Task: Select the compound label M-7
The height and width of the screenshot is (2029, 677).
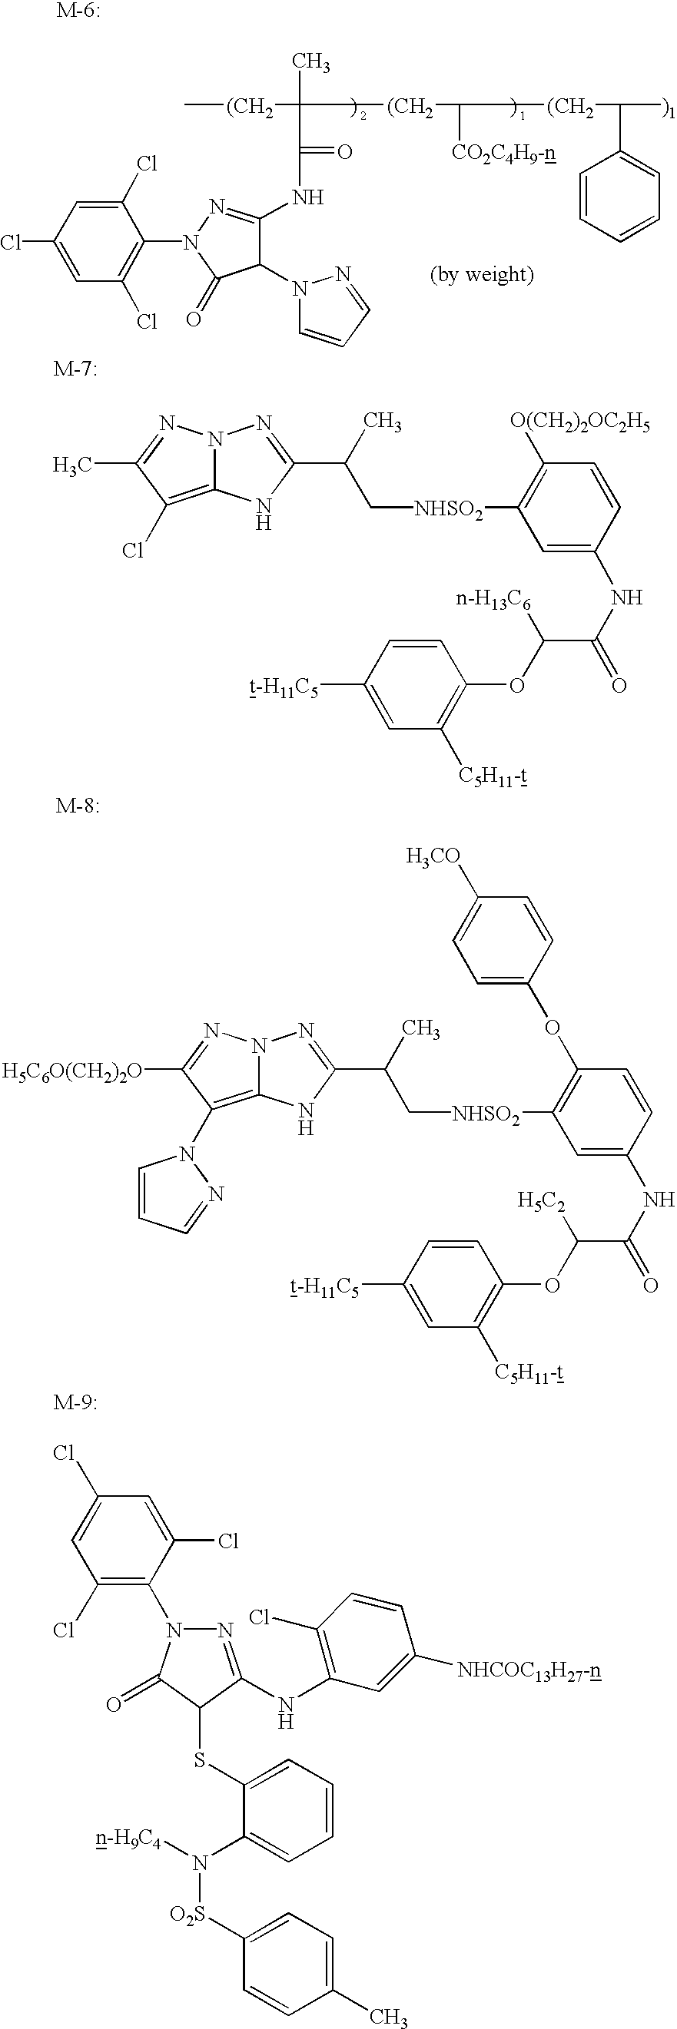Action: coord(75,369)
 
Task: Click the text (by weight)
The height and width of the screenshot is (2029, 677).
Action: coord(482,275)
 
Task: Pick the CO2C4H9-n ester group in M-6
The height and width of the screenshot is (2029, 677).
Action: coord(504,151)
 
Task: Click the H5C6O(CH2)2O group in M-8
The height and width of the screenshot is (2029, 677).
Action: coord(73,1071)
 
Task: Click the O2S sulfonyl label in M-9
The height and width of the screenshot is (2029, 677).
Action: coord(185,1911)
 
